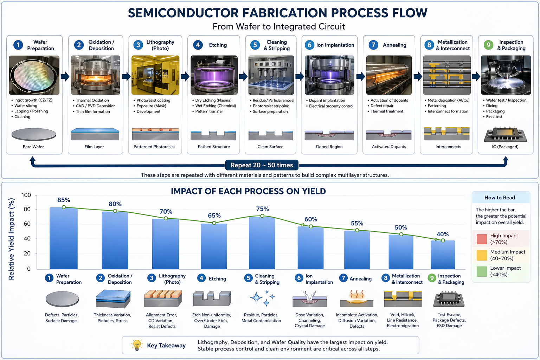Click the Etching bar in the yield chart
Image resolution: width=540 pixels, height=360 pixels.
[x=214, y=246]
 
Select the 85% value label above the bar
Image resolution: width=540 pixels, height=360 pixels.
[x=64, y=200]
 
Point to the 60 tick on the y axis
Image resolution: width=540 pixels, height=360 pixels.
[x=27, y=224]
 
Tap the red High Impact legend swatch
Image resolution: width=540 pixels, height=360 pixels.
[x=482, y=239]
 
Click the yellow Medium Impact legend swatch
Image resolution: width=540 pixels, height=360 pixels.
[x=482, y=255]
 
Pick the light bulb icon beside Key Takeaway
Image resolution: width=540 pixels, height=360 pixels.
[x=137, y=345]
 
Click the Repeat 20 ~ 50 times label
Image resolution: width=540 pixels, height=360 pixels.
[x=262, y=165]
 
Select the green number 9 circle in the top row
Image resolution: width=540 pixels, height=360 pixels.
[x=488, y=45]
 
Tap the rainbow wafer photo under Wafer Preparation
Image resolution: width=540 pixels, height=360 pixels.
[x=34, y=75]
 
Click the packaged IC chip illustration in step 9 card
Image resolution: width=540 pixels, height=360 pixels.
[x=505, y=135]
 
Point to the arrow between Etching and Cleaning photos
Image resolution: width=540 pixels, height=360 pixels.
[x=243, y=76]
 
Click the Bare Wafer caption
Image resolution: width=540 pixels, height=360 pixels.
[x=33, y=147]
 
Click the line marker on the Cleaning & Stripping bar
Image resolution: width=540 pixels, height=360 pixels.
[x=262, y=216]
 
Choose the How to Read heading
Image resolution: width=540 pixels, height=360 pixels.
[x=500, y=198]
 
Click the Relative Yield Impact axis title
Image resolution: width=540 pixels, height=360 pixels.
[x=11, y=239]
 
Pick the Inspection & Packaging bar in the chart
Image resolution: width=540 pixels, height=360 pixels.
[x=443, y=255]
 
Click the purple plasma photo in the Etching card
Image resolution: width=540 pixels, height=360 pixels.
[x=214, y=75]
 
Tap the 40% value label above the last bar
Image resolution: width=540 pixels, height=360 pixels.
[x=443, y=234]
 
